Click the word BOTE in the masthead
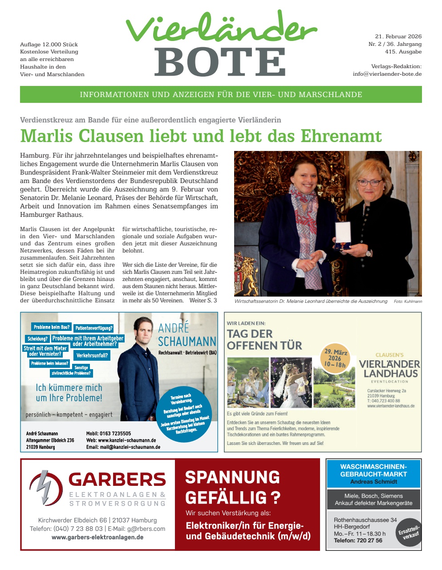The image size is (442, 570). pyautogui.click(x=220, y=61)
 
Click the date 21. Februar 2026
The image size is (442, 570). pyautogui.click(x=398, y=37)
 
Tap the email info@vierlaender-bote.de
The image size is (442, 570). pyautogui.click(x=387, y=74)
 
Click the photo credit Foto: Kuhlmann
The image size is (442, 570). pyautogui.click(x=408, y=301)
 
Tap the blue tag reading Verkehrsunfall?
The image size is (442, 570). pyautogui.click(x=92, y=355)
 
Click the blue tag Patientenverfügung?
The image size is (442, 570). pyautogui.click(x=93, y=328)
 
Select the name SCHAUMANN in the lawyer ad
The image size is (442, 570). pyautogui.click(x=187, y=342)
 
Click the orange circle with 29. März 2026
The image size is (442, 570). pyautogui.click(x=335, y=358)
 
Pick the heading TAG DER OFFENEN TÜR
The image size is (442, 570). pyautogui.click(x=264, y=339)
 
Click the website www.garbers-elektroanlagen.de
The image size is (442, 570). pyautogui.click(x=97, y=537)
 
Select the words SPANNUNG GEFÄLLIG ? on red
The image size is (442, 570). pyautogui.click(x=232, y=487)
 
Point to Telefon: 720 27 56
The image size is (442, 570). pyautogui.click(x=358, y=541)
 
